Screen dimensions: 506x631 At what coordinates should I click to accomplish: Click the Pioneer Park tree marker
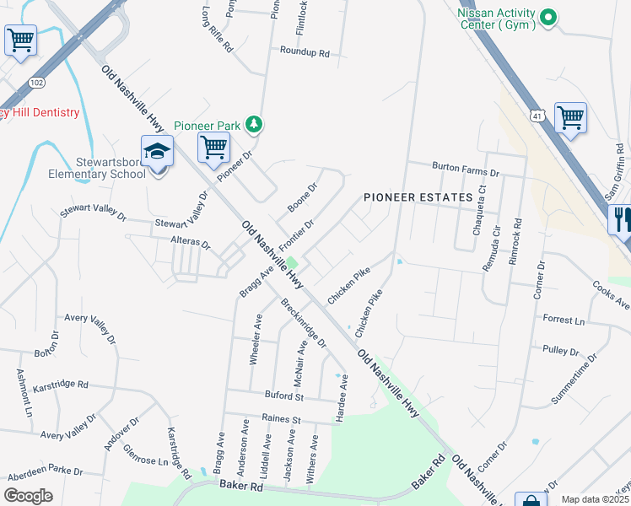click(x=253, y=126)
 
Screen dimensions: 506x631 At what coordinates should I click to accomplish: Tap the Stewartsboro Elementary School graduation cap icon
click(x=157, y=153)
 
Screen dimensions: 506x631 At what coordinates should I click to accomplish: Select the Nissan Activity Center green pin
click(x=549, y=17)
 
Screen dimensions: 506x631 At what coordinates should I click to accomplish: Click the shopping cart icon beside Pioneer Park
click(x=214, y=147)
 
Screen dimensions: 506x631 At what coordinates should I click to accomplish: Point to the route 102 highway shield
click(x=36, y=83)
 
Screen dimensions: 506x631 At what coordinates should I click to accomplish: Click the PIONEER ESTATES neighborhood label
click(x=418, y=197)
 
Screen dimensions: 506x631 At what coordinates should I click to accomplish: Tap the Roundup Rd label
click(x=305, y=52)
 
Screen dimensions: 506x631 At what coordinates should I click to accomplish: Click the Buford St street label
click(x=287, y=396)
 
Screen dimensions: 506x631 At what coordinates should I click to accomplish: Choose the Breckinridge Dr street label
click(x=304, y=324)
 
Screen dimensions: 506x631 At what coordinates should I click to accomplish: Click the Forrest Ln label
click(x=564, y=320)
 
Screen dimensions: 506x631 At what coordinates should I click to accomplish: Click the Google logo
click(x=28, y=496)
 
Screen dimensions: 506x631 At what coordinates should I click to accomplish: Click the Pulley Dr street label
click(x=561, y=349)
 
